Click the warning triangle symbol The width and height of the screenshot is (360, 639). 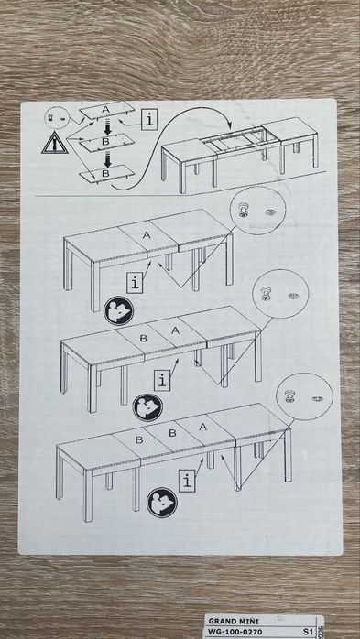tap(55, 143)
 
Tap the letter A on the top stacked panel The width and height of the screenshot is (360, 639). tap(105, 109)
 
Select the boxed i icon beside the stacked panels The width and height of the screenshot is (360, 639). tap(149, 120)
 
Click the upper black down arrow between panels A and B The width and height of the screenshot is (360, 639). tap(107, 127)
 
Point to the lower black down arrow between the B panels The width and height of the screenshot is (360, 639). tap(107, 159)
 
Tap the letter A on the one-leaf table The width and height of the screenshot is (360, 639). tap(147, 235)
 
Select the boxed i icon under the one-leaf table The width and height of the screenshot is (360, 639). tap(134, 283)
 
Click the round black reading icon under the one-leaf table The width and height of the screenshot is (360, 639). tap(119, 310)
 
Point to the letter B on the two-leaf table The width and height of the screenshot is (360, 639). tap(143, 338)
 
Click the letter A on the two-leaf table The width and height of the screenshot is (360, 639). tap(175, 330)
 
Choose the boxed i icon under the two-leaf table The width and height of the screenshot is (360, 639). tap(162, 381)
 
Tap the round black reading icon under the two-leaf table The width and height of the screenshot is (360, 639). tap(147, 407)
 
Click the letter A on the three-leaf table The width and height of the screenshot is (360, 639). tap(203, 427)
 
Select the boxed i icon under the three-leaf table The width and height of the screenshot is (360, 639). tap(187, 482)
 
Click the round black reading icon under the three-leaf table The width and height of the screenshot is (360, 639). tap(162, 503)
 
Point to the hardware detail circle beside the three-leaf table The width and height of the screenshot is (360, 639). tap(304, 396)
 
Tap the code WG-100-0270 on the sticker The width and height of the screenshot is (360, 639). tap(234, 632)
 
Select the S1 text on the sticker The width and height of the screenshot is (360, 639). tap(308, 632)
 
